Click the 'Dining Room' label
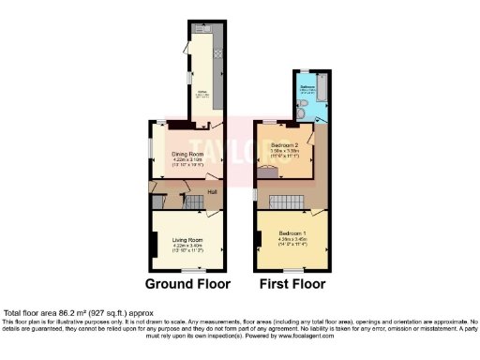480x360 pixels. (187, 154)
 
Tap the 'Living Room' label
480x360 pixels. (188, 241)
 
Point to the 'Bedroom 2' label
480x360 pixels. (284, 145)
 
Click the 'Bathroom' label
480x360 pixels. (306, 86)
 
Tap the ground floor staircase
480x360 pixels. (195, 202)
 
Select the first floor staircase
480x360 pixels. (286, 202)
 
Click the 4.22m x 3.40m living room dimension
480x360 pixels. (188, 247)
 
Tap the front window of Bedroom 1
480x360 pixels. (291, 269)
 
